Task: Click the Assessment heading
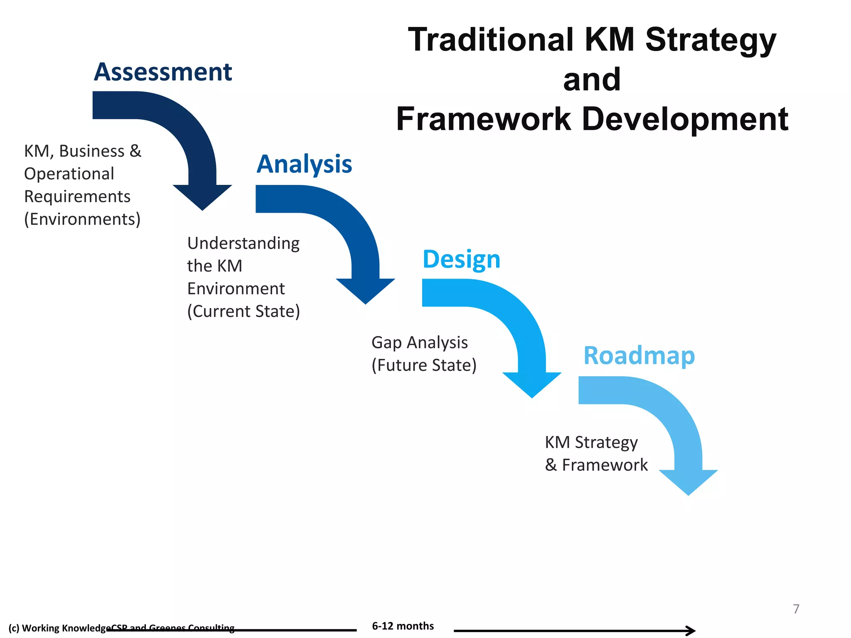coord(162,72)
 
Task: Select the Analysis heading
coord(304,164)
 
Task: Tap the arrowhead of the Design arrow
coord(532,384)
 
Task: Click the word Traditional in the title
coord(490,40)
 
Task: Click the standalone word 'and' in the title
coord(592,79)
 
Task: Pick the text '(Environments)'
coord(82,219)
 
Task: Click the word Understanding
coord(243,243)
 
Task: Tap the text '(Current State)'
coord(243,311)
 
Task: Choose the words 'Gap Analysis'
coord(419,343)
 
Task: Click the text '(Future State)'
coord(424,365)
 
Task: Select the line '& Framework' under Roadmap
coord(596,465)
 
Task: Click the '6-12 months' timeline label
coord(403,626)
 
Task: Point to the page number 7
coord(796,609)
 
